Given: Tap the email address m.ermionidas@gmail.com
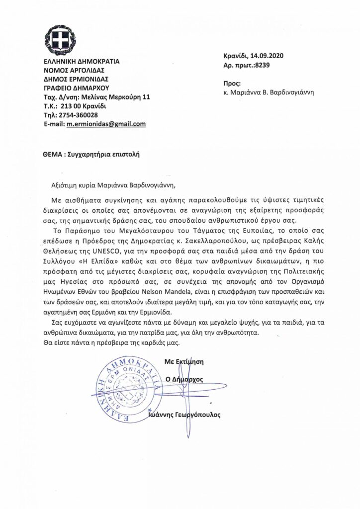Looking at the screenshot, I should (x=106, y=124).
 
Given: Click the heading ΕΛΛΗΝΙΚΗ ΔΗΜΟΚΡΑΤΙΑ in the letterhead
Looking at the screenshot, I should (x=82, y=62).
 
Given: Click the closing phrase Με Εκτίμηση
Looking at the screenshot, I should (x=184, y=361).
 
